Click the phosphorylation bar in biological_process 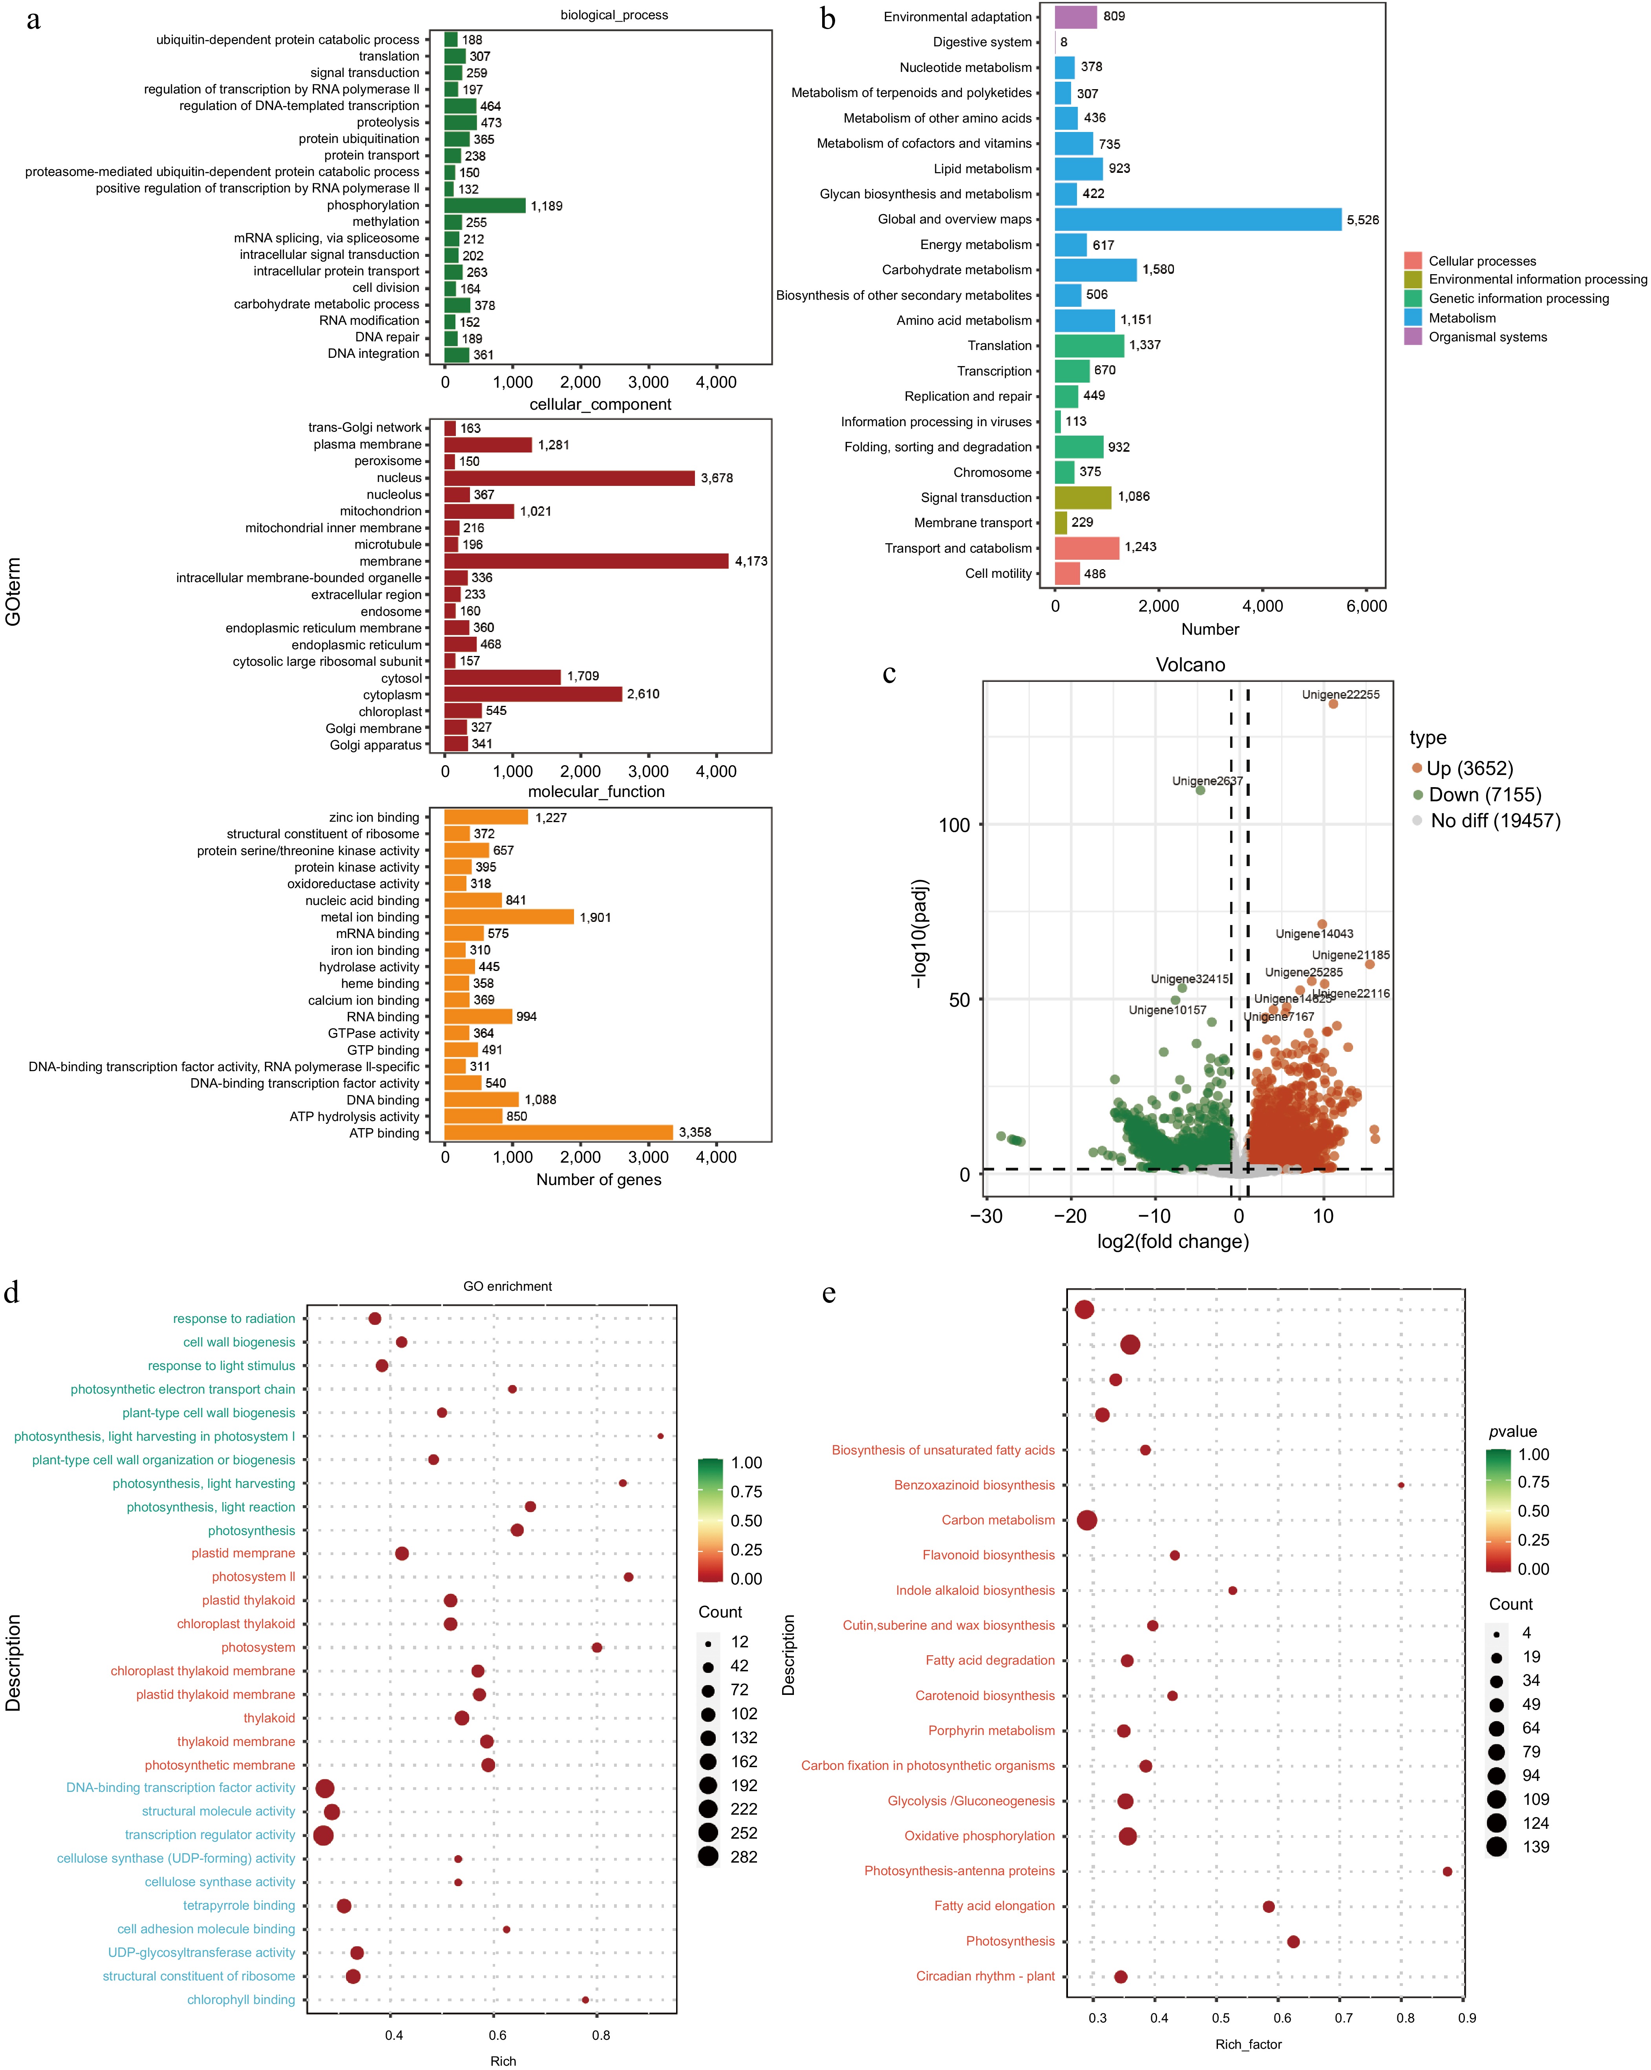pyautogui.click(x=485, y=205)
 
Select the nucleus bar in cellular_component pyautogui.click(x=569, y=478)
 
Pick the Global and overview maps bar pyautogui.click(x=1198, y=220)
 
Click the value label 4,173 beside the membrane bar pyautogui.click(x=751, y=562)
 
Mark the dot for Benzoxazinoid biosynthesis pyautogui.click(x=1401, y=1485)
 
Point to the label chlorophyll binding pyautogui.click(x=241, y=2000)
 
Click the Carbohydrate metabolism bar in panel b pyautogui.click(x=1095, y=270)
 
